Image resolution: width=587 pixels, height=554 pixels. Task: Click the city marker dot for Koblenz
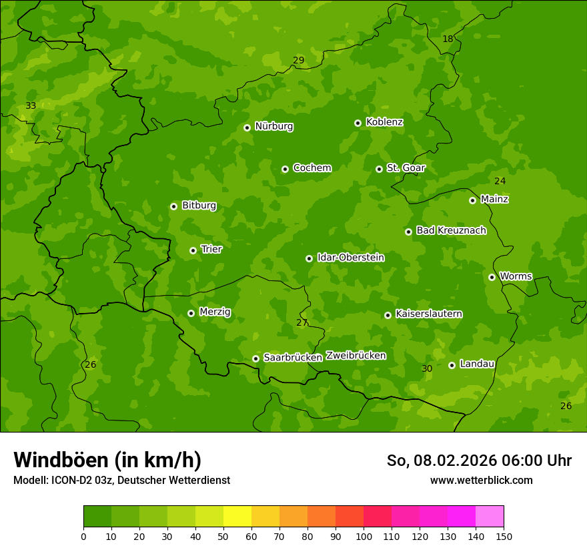click(358, 123)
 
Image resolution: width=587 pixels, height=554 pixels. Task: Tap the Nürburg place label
click(273, 126)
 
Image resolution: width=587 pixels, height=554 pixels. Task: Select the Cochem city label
click(312, 168)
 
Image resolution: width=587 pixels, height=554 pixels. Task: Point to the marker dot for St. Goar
click(379, 169)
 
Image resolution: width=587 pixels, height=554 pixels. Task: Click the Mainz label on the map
click(494, 200)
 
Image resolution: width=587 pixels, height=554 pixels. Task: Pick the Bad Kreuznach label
click(451, 231)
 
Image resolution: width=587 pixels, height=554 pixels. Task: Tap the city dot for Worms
click(492, 277)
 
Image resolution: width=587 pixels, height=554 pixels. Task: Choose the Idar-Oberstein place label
click(350, 258)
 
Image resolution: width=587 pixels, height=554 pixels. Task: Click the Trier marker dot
click(193, 250)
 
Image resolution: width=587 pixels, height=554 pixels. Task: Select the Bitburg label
click(199, 206)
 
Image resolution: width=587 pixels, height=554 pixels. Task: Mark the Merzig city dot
click(191, 313)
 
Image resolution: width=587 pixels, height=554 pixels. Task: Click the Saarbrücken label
click(293, 358)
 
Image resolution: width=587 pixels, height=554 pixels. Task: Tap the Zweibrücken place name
click(356, 356)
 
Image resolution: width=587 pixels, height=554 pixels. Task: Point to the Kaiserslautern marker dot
click(388, 315)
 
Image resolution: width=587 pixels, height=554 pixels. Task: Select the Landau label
click(477, 364)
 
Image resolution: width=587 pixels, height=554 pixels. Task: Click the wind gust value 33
click(31, 106)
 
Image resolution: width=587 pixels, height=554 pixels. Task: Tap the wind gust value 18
click(448, 39)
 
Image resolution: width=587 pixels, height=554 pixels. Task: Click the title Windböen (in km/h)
click(107, 460)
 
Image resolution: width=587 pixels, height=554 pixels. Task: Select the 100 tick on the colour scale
click(364, 536)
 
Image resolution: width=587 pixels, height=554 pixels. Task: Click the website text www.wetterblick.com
click(481, 481)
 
